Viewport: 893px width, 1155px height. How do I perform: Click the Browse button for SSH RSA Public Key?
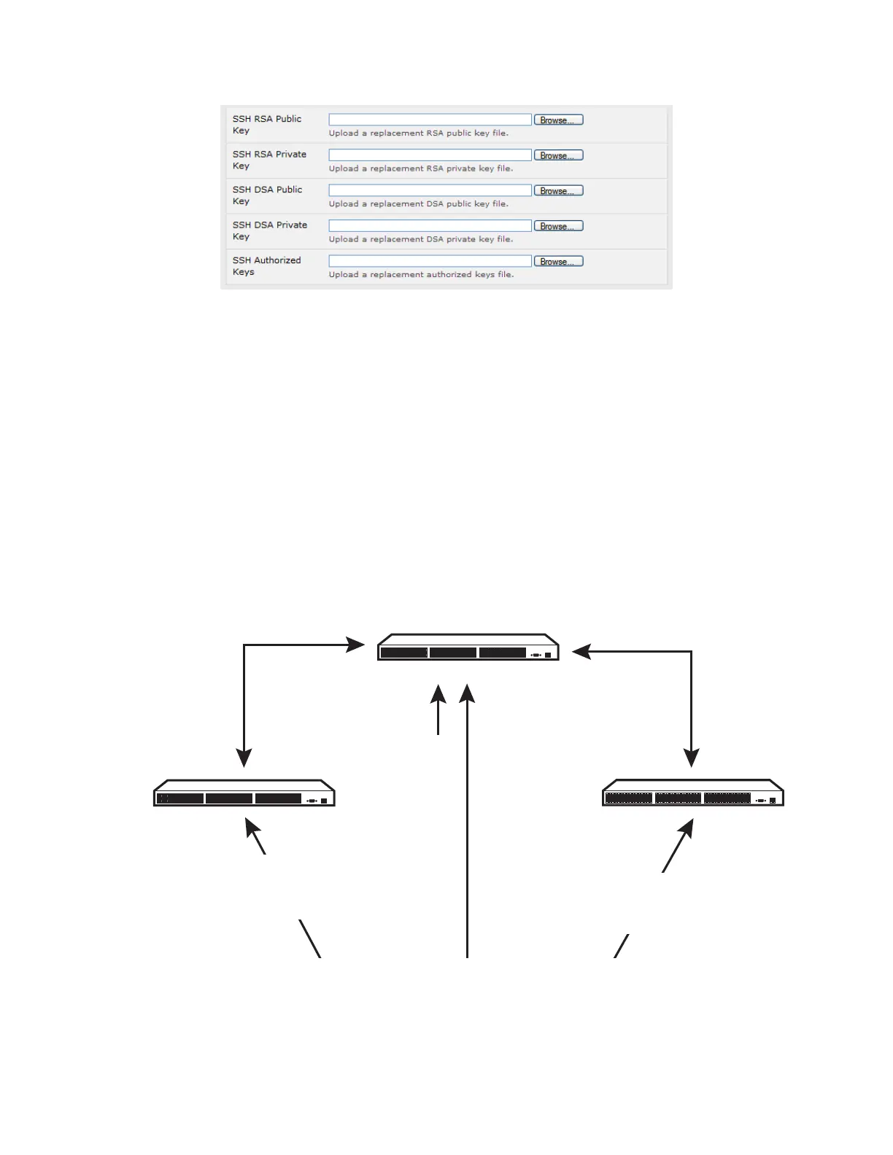point(558,120)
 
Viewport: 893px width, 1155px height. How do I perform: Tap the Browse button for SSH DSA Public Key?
point(558,190)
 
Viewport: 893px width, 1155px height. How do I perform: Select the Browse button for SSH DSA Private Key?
point(558,226)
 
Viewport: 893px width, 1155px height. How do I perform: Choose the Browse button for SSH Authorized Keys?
point(558,261)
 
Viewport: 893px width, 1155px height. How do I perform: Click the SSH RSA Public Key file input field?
point(430,120)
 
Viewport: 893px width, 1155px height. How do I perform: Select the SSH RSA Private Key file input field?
point(430,155)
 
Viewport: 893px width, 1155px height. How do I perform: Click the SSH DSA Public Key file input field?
point(430,190)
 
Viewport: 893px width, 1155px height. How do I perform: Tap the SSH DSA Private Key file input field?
point(430,226)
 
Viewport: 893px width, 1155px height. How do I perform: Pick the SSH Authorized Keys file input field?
point(430,261)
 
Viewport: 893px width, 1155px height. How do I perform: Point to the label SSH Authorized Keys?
point(266,265)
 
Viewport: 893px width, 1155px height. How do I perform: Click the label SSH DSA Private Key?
point(269,230)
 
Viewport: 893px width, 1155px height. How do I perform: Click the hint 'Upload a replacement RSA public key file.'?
point(418,133)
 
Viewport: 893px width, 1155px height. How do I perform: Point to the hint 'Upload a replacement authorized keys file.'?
point(421,275)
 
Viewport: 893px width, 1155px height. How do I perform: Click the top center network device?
point(468,647)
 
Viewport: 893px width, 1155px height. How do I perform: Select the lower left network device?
point(244,793)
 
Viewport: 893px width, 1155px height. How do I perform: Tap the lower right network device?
point(692,793)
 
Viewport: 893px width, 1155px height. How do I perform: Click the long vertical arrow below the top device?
point(467,824)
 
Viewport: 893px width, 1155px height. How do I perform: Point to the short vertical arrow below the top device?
point(438,711)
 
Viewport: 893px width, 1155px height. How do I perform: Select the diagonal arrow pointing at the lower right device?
point(678,846)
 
